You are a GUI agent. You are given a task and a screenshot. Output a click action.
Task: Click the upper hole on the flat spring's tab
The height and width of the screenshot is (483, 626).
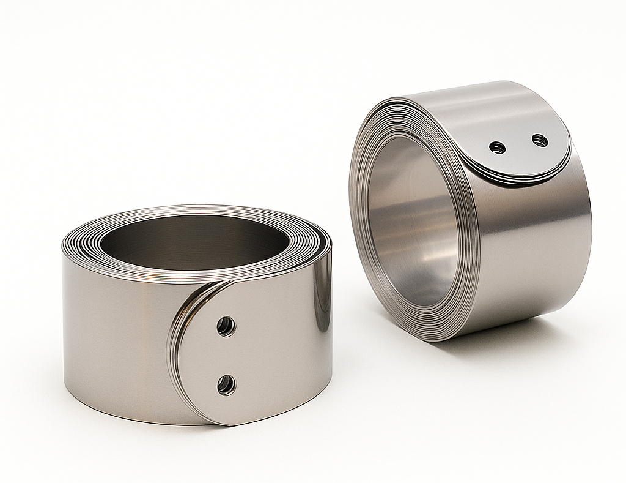pos(226,326)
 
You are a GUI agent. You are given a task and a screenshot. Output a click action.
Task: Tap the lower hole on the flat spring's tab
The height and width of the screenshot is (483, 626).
pos(226,385)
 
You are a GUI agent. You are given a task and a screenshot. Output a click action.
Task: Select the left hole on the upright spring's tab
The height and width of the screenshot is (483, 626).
pos(498,148)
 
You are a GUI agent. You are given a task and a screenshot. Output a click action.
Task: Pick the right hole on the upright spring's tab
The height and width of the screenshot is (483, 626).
pos(539,141)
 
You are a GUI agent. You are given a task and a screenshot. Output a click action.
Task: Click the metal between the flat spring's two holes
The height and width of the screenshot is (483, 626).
pos(226,356)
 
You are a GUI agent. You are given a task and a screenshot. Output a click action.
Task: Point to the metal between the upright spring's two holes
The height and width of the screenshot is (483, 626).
pos(518,144)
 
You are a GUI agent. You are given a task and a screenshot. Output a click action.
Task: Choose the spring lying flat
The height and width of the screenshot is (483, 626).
pos(196,318)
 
